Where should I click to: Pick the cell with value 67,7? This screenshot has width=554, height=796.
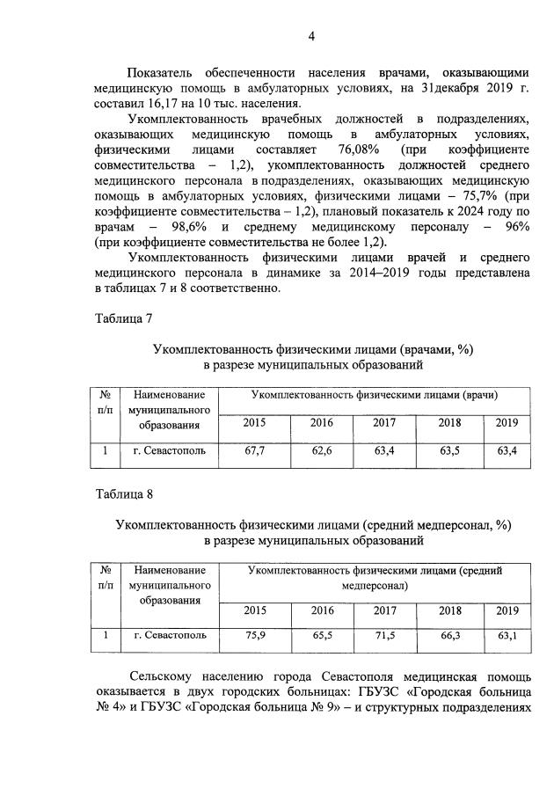pyautogui.click(x=255, y=451)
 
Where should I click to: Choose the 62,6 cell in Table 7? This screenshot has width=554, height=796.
pyautogui.click(x=321, y=451)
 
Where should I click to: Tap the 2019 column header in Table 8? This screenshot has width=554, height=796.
pyautogui.click(x=507, y=610)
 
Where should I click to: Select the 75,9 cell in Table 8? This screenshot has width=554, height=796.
pyautogui.click(x=255, y=634)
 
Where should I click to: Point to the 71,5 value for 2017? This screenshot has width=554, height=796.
pyautogui.click(x=384, y=634)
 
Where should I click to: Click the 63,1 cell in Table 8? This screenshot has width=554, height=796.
pyautogui.click(x=507, y=634)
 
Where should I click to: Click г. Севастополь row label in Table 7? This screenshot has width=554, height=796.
pyautogui.click(x=170, y=451)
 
